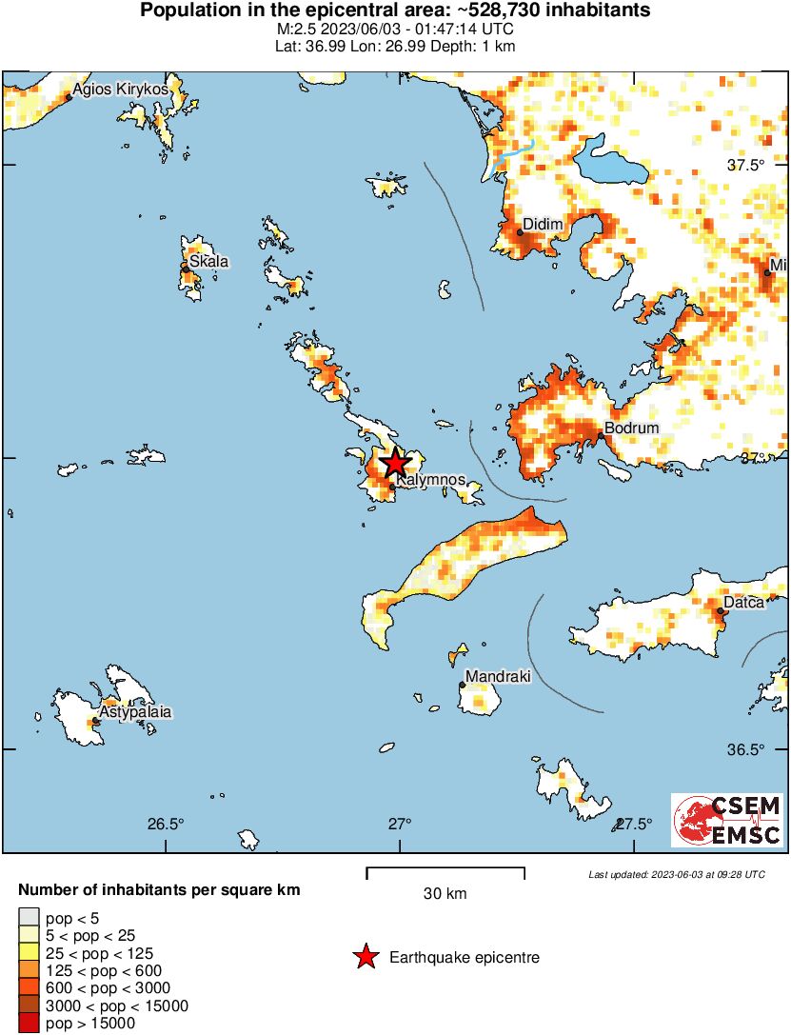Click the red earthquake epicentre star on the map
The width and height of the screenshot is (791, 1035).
coord(394,464)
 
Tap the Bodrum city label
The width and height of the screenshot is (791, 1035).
coord(631,428)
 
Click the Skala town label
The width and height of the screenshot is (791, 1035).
coord(208,262)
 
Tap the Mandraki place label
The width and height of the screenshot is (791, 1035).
coord(497,677)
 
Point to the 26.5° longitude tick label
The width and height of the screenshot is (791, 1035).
coord(166,824)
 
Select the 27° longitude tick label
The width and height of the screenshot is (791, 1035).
coord(400,824)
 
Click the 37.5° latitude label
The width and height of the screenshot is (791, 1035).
coord(746,165)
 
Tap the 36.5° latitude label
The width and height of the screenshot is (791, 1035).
coord(746,749)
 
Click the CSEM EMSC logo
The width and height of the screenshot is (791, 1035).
coord(726,820)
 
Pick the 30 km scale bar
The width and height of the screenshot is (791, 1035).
coord(445,869)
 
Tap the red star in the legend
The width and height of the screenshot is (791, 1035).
coord(365,958)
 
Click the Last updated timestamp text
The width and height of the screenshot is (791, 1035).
coord(676,874)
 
